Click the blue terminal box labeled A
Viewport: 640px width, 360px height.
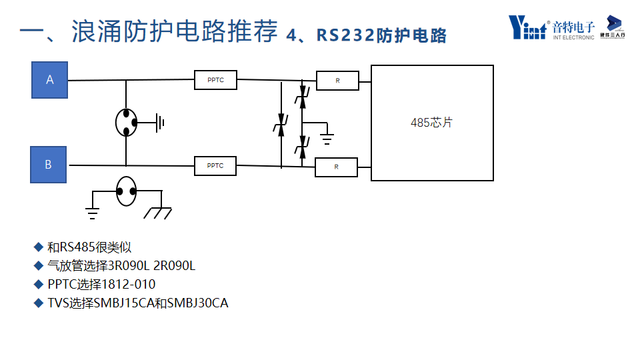[50, 80]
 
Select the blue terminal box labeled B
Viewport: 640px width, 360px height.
[49, 165]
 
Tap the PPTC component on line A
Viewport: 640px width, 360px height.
[215, 80]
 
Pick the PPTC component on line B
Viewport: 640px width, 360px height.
[215, 165]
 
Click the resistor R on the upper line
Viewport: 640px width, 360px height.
[337, 81]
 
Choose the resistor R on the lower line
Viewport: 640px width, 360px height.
[336, 167]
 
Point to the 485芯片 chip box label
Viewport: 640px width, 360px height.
[431, 123]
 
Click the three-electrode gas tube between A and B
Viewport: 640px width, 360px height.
[126, 123]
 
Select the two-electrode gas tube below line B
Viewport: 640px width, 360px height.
[126, 191]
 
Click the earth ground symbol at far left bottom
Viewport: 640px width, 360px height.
[93, 213]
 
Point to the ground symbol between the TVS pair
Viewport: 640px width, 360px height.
[327, 139]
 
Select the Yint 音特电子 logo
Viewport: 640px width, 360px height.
[551, 28]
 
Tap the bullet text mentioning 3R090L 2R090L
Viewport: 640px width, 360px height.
[121, 266]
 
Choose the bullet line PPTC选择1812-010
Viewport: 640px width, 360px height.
[101, 285]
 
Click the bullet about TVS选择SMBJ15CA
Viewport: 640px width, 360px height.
[137, 303]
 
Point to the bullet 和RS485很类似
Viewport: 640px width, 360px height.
[89, 247]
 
